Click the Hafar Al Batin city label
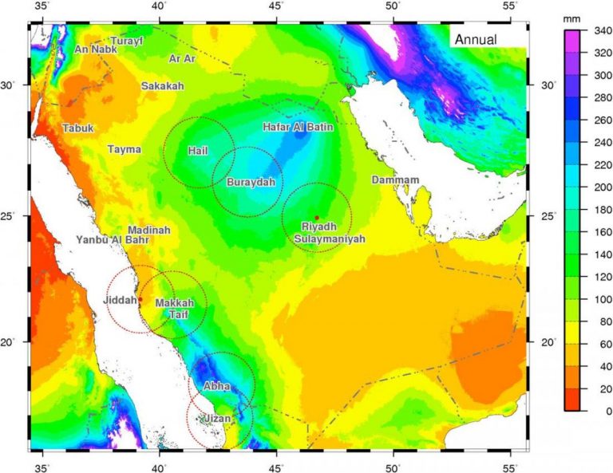pos(298,127)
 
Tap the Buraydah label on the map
pos(251,183)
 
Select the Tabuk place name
pos(77,128)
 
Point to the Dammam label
pos(395,180)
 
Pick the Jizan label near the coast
pos(215,418)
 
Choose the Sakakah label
pos(162,86)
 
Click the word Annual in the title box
pos(476,39)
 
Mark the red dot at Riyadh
pos(317,218)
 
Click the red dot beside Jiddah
pos(140,300)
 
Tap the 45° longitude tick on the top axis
pos(275,7)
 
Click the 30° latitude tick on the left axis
pos(15,85)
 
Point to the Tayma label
pos(125,149)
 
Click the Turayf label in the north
pos(126,41)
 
